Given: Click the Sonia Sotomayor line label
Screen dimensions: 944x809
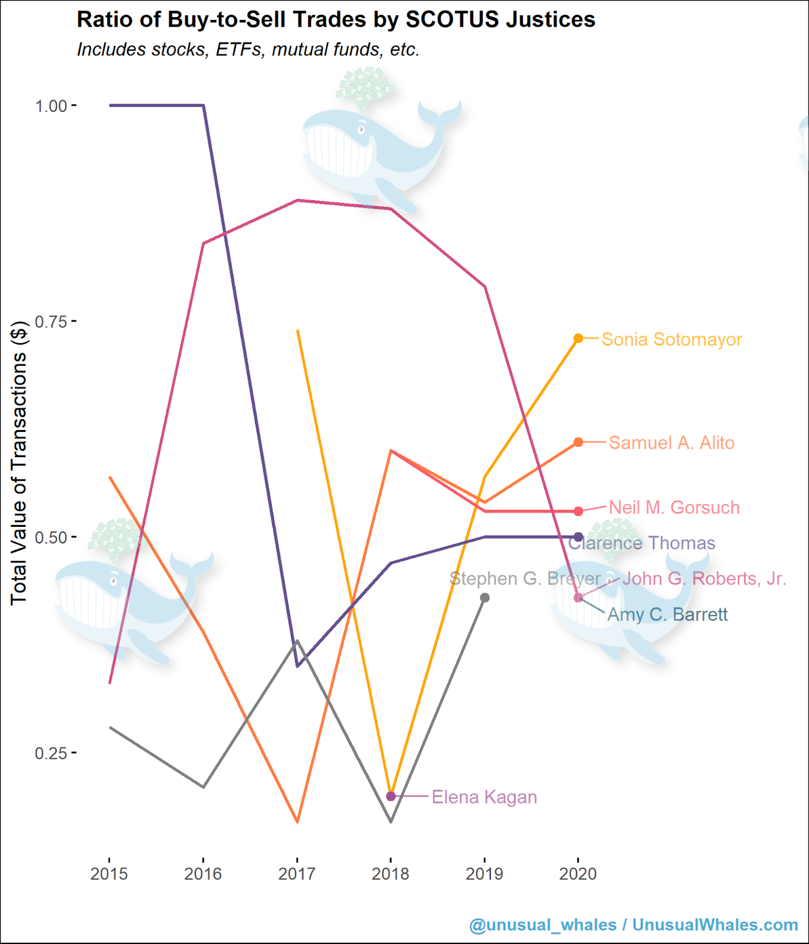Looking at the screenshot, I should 672,340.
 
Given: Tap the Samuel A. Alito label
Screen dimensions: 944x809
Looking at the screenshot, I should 672,443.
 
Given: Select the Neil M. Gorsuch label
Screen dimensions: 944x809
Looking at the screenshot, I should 674,508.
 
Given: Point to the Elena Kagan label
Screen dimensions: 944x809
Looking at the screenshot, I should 484,798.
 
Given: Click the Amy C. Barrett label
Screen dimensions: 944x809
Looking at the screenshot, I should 667,615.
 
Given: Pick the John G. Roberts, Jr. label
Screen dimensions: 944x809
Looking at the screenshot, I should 704,579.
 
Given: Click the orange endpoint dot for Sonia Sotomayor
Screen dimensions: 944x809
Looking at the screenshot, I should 578,338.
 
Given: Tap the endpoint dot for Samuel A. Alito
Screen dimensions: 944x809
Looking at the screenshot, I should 578,442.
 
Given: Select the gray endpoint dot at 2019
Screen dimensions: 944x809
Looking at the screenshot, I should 484,598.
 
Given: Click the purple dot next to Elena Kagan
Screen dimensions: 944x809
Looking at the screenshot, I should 391,796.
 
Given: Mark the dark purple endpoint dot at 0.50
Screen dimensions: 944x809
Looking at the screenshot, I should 578,537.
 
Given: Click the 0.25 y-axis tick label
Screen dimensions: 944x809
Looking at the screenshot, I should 51,753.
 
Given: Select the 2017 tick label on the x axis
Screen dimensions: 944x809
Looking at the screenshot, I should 297,874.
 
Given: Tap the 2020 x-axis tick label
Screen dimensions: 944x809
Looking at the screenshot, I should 578,874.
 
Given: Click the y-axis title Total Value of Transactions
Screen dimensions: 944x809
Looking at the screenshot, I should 19,463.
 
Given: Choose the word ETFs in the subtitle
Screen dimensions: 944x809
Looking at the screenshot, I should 241,50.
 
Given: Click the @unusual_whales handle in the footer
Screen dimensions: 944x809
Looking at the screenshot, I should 543,925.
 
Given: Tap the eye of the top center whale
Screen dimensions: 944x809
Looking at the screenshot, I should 361,129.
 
